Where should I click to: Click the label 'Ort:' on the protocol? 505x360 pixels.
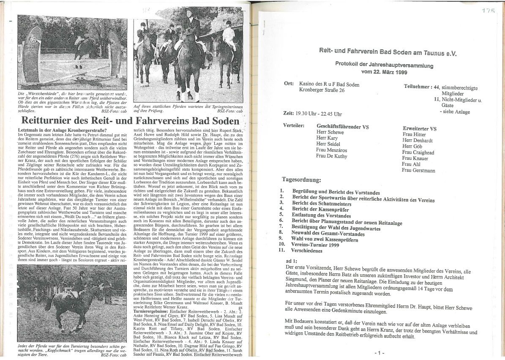coord(289,84)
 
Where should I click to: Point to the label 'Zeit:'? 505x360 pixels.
coord(290,113)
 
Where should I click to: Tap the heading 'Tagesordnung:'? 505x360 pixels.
coord(301,180)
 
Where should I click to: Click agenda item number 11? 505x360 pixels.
coord(282,250)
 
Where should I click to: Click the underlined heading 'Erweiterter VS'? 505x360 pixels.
coord(420,128)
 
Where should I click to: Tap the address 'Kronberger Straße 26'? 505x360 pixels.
coord(322,90)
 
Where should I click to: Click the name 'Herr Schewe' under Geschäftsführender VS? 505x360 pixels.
coord(330,132)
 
